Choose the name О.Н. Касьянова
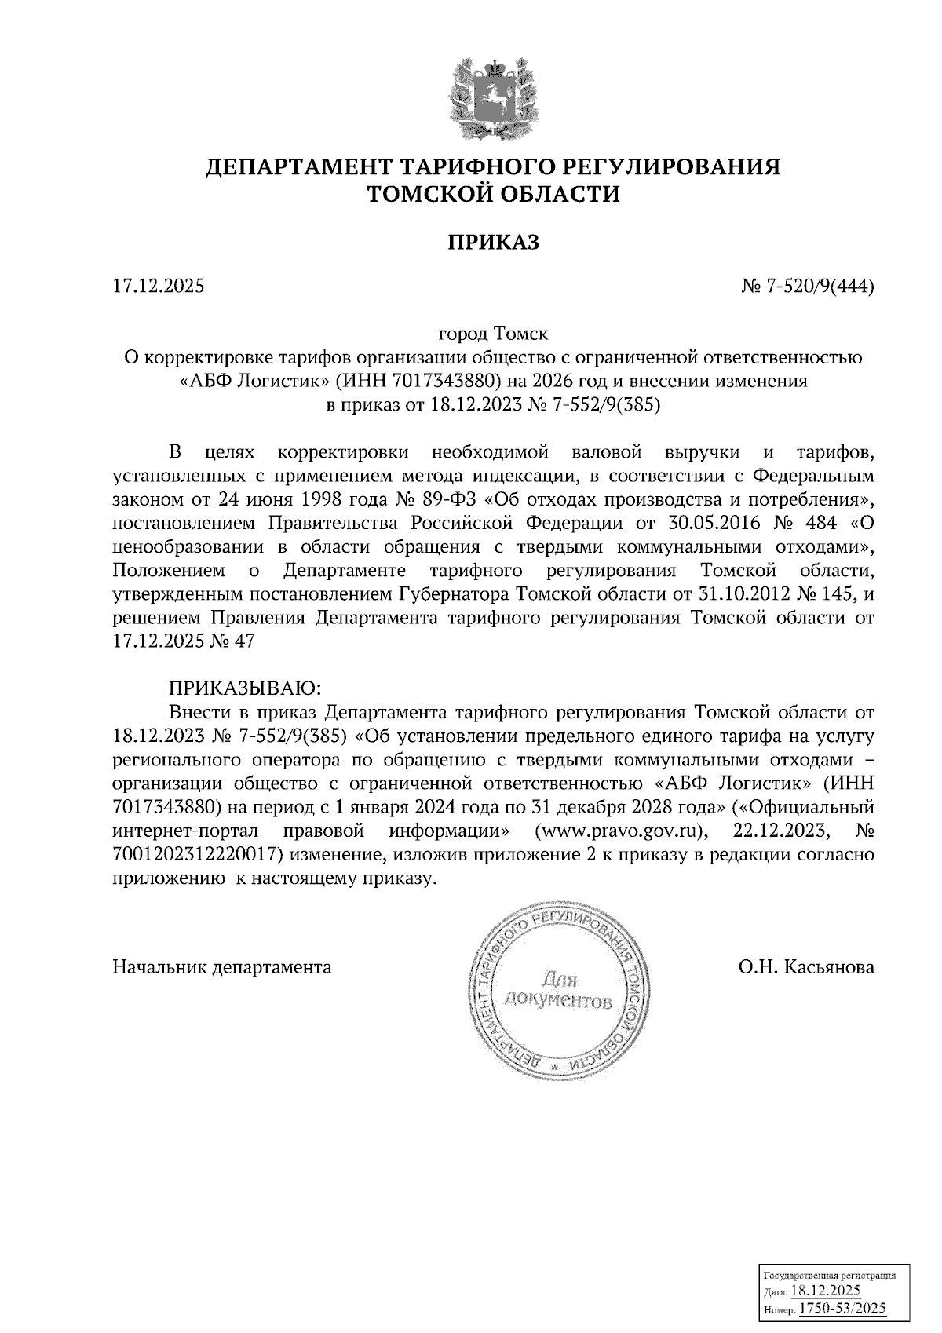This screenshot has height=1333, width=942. point(805,967)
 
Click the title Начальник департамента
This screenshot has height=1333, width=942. point(222,967)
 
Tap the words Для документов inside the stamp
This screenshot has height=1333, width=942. point(558,991)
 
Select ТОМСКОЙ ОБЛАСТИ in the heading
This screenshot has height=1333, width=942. point(494,193)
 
